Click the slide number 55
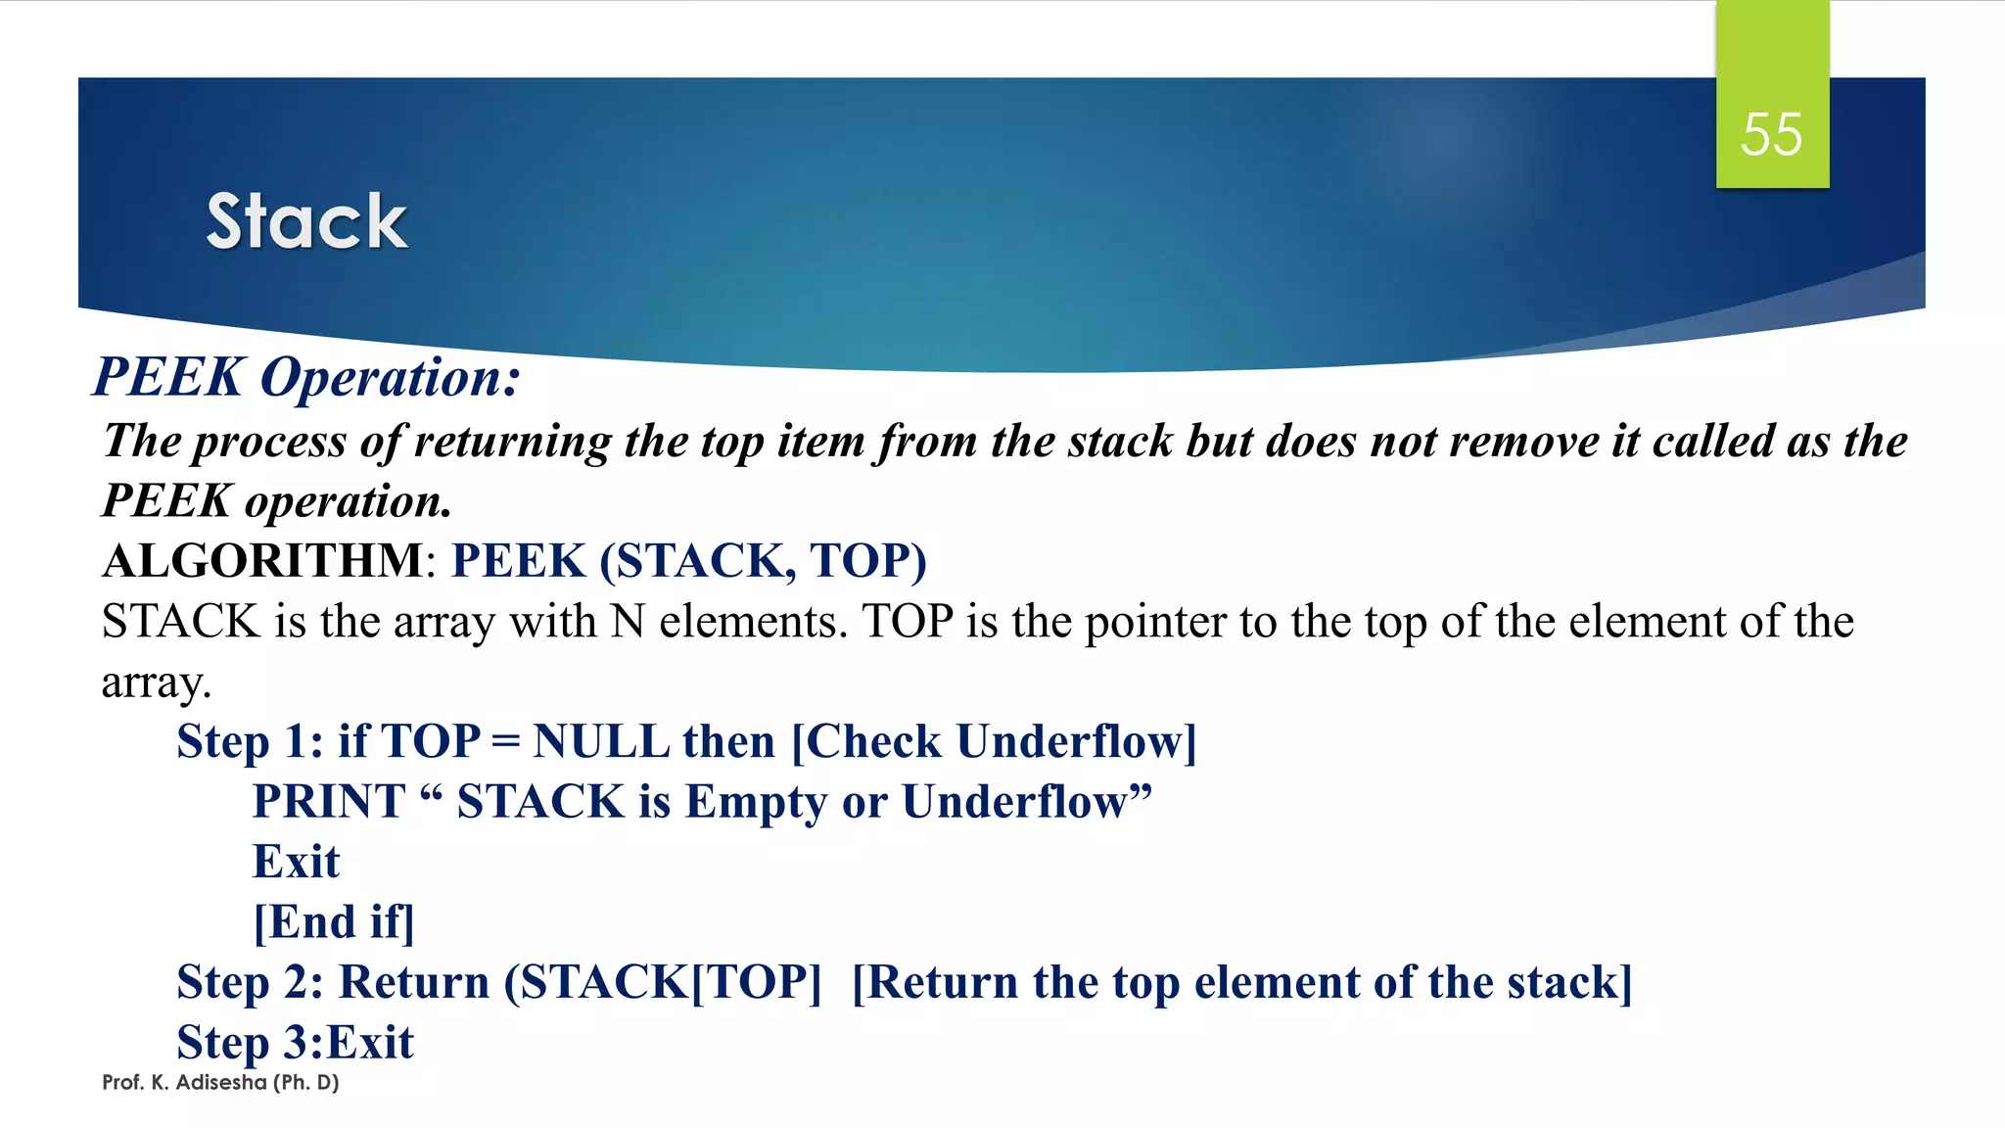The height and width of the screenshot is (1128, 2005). [1771, 134]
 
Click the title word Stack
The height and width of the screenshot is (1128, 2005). [306, 222]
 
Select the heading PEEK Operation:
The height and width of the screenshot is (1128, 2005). [306, 377]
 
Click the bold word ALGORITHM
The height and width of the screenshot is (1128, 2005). [262, 561]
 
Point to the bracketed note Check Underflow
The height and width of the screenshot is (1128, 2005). [994, 741]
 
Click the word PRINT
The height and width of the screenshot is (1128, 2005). [329, 802]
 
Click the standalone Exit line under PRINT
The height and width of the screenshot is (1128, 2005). [296, 862]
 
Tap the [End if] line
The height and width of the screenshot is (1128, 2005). [334, 922]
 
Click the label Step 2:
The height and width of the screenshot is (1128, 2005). [250, 982]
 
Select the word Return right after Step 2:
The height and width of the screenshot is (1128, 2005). [413, 982]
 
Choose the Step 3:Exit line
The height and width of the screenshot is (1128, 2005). [295, 1043]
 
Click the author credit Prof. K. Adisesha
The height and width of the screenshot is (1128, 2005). [220, 1083]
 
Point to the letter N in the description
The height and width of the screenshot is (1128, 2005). [628, 622]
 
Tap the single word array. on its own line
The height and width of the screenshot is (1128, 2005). [157, 682]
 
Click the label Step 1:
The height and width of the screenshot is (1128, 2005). [250, 741]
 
